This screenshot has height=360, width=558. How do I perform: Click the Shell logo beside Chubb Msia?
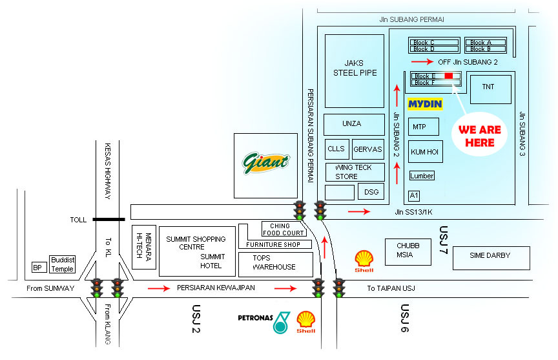click(364, 260)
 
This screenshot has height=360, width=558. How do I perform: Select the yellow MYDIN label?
click(424, 103)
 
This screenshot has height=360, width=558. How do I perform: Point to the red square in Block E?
click(449, 76)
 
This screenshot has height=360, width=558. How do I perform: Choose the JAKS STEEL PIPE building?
click(355, 70)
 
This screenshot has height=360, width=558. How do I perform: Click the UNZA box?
click(353, 123)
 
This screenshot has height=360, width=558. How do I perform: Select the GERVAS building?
click(367, 149)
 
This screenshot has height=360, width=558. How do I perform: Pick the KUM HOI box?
click(426, 151)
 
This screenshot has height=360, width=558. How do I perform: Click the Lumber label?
click(422, 176)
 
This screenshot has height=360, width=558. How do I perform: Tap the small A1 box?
click(414, 195)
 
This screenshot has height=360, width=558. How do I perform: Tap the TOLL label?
click(78, 220)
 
